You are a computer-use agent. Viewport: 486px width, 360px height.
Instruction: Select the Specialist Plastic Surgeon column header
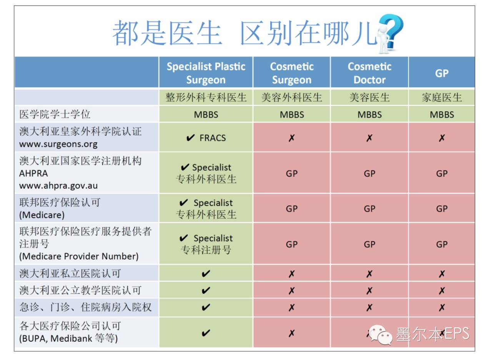(x=206, y=73)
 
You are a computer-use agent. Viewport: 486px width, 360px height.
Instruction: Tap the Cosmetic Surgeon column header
(x=292, y=73)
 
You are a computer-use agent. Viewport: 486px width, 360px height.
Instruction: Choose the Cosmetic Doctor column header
(x=369, y=73)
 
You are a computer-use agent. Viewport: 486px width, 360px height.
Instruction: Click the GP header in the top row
(x=441, y=73)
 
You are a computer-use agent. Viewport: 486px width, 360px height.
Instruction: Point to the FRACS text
(x=212, y=138)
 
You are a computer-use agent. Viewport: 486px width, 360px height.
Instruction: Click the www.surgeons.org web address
(x=58, y=144)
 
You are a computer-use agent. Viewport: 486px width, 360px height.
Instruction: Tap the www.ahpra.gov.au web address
(x=58, y=186)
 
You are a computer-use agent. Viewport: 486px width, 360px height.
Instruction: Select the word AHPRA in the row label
(x=33, y=173)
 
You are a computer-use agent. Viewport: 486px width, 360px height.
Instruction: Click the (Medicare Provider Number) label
(x=79, y=256)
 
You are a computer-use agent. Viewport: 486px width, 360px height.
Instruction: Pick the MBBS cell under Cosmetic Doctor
(x=369, y=115)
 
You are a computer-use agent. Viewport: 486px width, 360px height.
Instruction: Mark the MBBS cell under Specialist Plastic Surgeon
(x=206, y=115)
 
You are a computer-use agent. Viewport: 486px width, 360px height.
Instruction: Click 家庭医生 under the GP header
(x=441, y=97)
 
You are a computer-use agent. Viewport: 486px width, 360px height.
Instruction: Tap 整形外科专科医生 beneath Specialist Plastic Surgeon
(x=206, y=97)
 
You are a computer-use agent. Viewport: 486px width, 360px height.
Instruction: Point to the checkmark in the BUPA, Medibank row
(x=206, y=333)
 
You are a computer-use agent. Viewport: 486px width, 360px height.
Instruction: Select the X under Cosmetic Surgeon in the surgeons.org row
(x=292, y=138)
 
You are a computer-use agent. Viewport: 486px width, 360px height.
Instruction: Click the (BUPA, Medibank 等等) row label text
(x=68, y=338)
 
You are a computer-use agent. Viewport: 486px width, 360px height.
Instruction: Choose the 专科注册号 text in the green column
(x=206, y=250)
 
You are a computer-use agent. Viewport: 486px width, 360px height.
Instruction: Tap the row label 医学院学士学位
(x=55, y=114)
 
